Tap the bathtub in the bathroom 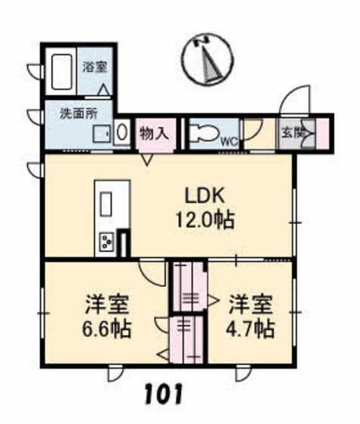coord(64,72)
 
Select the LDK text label coord(203,195)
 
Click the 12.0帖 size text coord(202,220)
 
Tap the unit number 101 coord(161,394)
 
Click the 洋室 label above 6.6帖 coord(105,304)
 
